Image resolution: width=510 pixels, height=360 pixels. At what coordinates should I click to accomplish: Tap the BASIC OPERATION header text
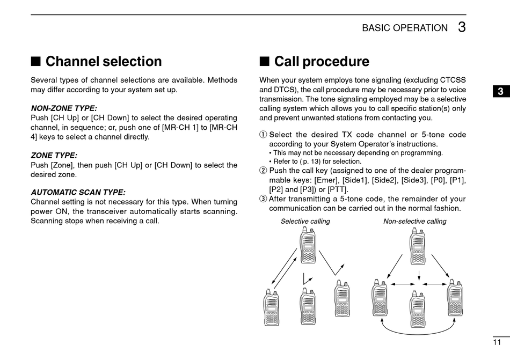405,28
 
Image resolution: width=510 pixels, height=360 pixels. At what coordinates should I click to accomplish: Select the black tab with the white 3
500,91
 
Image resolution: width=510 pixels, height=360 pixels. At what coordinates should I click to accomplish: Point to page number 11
497,342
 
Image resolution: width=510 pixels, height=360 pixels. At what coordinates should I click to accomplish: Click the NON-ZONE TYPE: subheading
64,108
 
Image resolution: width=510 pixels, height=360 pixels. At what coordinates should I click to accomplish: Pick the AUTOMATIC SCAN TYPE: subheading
78,192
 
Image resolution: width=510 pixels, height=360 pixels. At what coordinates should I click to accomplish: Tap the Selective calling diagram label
305,221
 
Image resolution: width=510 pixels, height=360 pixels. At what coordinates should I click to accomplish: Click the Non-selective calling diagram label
414,221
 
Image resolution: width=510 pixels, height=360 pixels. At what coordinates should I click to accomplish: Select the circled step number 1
263,135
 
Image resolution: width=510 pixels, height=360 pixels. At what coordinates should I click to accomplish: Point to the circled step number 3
263,199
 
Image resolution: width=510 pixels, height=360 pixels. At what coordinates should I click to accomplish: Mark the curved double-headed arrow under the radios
418,327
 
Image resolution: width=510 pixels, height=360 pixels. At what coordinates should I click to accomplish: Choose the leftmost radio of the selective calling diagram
272,308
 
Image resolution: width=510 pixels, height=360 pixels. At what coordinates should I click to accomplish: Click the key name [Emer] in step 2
326,180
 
